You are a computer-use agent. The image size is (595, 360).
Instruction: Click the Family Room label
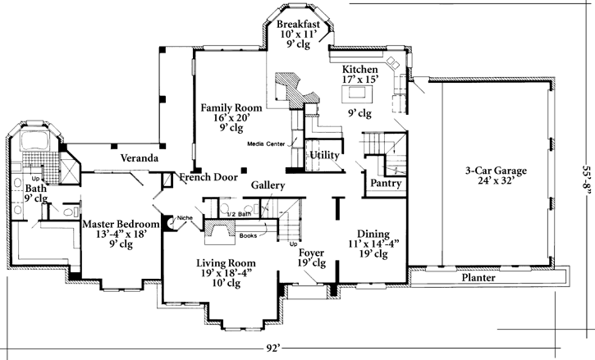pyautogui.click(x=231, y=108)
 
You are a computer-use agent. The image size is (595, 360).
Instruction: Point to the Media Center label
pyautogui.click(x=269, y=144)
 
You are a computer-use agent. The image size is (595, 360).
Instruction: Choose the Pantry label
pyautogui.click(x=386, y=184)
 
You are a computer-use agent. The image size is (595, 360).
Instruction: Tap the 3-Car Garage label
pyautogui.click(x=495, y=171)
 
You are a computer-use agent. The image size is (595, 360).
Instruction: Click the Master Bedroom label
pyautogui.click(x=121, y=224)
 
